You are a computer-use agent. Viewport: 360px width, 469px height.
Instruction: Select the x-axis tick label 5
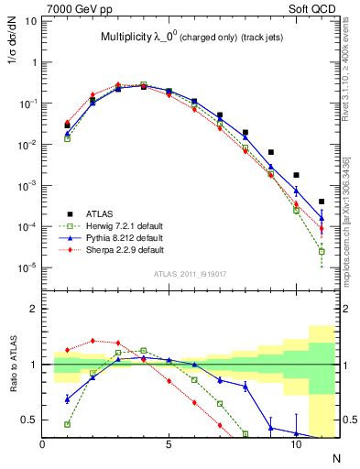[169, 444]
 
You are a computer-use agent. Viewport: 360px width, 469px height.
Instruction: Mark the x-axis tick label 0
[43, 444]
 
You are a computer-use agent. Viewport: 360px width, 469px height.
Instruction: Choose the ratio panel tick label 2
[32, 309]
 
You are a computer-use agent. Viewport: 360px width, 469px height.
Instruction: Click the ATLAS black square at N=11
[322, 202]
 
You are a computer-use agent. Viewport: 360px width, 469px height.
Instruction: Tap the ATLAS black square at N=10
[296, 174]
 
